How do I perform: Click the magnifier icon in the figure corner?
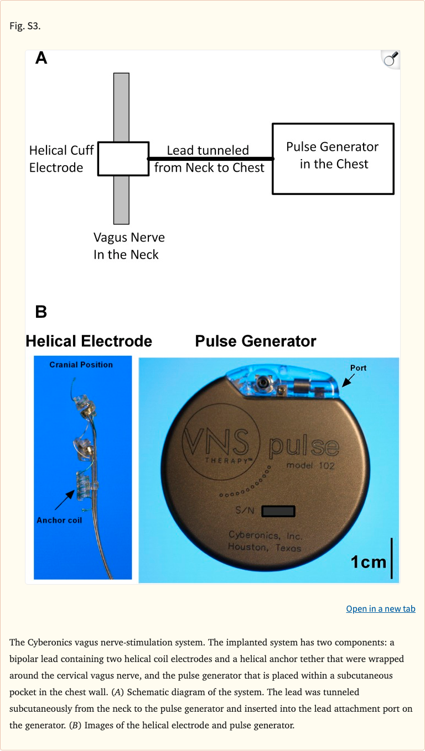(391, 59)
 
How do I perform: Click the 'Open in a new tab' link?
(380, 608)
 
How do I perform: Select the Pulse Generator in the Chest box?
(333, 159)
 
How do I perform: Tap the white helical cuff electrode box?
(123, 159)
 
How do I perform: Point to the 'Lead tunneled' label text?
(208, 150)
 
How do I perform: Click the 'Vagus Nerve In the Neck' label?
(128, 246)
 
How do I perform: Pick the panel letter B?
(42, 312)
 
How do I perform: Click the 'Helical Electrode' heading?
(89, 341)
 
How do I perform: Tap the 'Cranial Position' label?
(81, 365)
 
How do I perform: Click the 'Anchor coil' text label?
(59, 520)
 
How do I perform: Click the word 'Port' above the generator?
(358, 368)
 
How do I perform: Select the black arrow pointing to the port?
(348, 381)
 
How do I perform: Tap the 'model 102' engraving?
(310, 465)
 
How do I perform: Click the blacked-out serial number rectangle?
(278, 511)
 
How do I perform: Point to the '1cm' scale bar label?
(369, 561)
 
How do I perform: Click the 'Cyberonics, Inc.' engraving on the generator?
(266, 535)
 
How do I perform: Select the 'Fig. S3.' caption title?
(25, 26)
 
